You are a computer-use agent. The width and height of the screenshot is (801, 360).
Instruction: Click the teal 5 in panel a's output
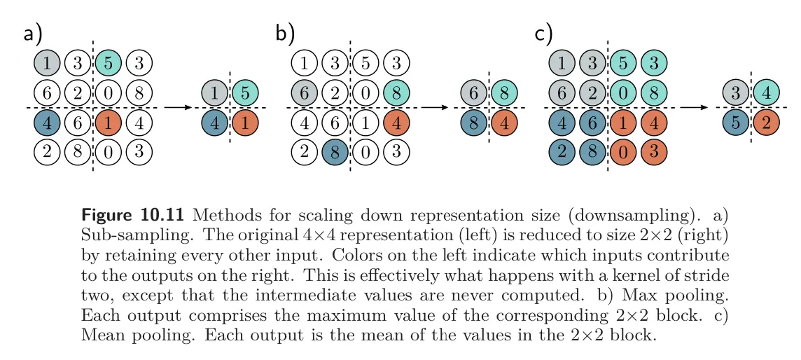(246, 92)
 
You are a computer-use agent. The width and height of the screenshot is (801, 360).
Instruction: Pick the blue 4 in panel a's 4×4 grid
(46, 123)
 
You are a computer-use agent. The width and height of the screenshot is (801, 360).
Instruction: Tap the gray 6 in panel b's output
(473, 92)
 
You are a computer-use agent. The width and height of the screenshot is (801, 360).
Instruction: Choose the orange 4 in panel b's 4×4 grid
(397, 123)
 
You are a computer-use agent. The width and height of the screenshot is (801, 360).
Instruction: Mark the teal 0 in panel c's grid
(623, 92)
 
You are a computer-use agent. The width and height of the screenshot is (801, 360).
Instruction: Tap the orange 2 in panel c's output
(765, 123)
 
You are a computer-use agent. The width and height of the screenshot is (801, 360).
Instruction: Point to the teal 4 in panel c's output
(765, 92)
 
